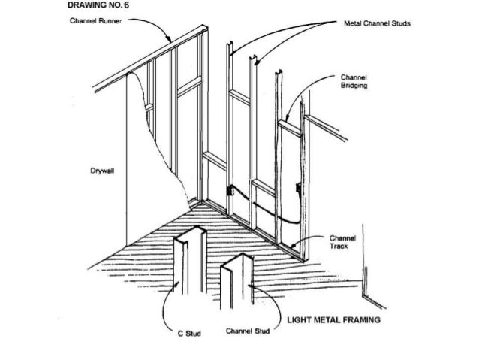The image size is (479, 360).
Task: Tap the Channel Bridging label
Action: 353,81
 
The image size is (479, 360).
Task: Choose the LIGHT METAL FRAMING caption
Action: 329,319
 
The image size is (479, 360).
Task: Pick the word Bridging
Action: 353,86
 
